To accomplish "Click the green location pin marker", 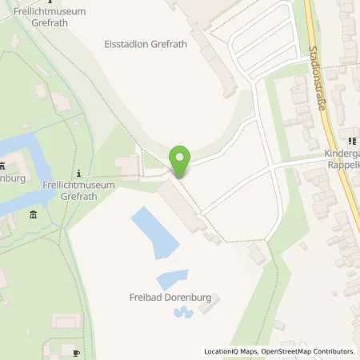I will tap(180, 162).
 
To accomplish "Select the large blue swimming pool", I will tap(151, 231).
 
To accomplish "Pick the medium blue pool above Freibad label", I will tap(172, 279).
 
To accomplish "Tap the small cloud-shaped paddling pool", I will tap(182, 314).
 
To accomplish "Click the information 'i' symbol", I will tap(78, 173).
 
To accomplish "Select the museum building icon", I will tap(33, 214).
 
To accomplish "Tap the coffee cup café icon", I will tap(76, 352).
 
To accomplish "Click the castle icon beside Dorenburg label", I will tap(2, 166).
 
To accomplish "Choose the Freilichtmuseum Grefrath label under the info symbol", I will tap(78, 190).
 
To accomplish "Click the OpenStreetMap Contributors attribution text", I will tap(308, 351).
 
